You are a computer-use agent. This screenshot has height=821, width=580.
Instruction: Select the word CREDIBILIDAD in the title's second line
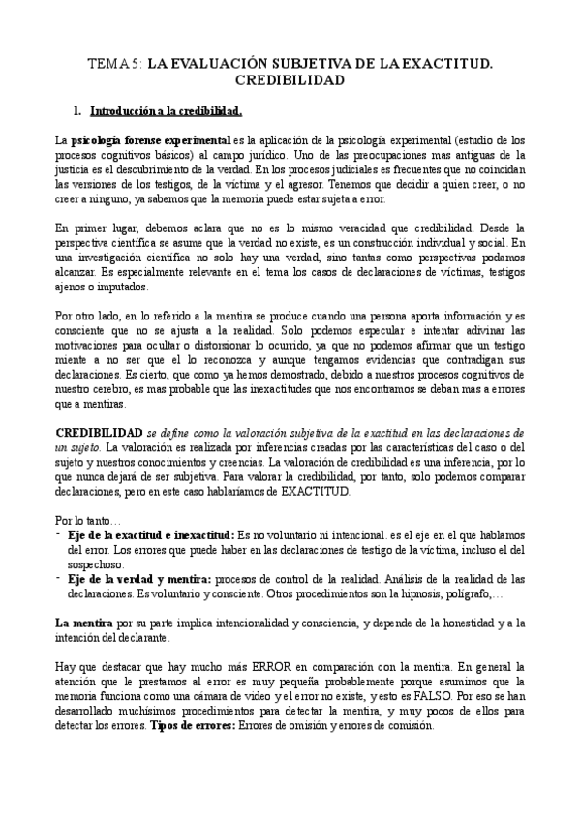point(290,79)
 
